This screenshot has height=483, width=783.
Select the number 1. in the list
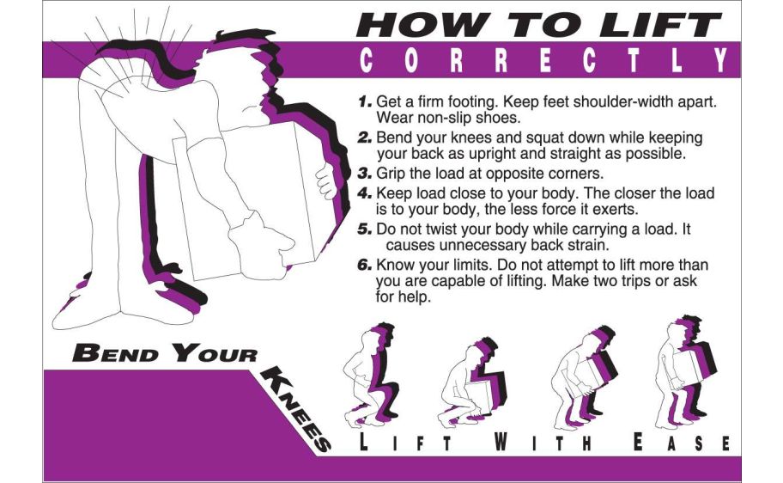[365, 101]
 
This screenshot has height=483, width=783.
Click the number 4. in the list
[365, 193]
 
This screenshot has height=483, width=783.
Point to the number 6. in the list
[365, 265]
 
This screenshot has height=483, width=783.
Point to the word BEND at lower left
[115, 353]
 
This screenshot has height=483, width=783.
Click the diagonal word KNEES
[295, 408]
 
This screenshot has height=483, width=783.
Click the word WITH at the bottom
[543, 442]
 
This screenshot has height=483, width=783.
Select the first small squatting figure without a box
[372, 375]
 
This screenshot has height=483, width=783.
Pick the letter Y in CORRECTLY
[721, 60]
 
